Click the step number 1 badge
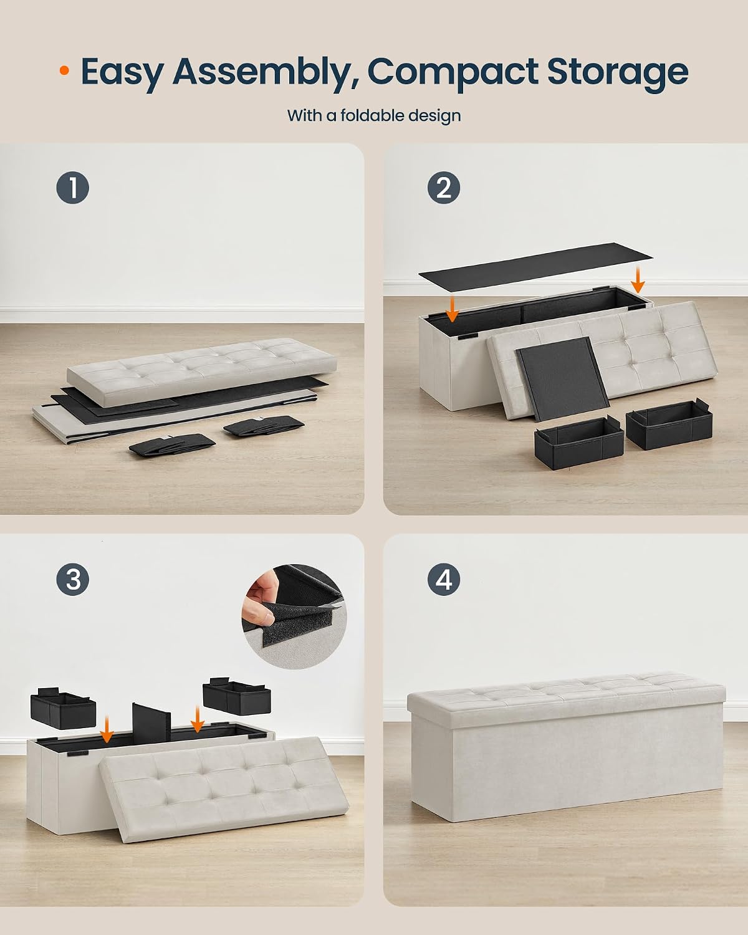72,188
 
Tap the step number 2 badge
444,188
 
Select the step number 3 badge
72,580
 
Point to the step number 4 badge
444,580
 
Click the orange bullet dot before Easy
64,70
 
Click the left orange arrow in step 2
453,309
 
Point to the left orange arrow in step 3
107,731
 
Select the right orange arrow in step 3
198,719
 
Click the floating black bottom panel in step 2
535,266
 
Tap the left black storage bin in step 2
578,442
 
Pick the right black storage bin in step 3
236,696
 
